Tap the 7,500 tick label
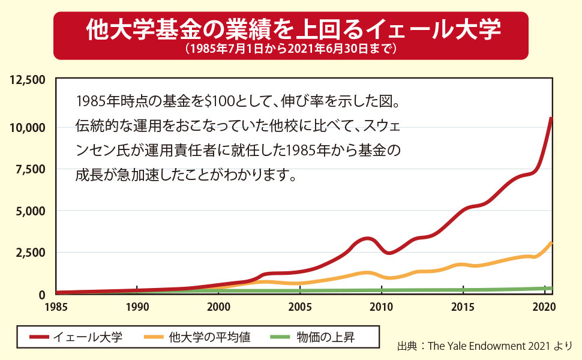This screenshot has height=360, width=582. pyautogui.click(x=30, y=169)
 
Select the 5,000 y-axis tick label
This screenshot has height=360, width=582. pyautogui.click(x=30, y=211)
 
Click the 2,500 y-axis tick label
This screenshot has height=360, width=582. pyautogui.click(x=30, y=253)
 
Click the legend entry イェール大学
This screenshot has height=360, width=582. pyautogui.click(x=88, y=337)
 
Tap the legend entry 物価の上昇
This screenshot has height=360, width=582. pyautogui.click(x=325, y=337)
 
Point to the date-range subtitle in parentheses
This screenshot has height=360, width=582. pyautogui.click(x=291, y=49)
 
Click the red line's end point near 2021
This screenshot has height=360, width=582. pyautogui.click(x=551, y=118)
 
